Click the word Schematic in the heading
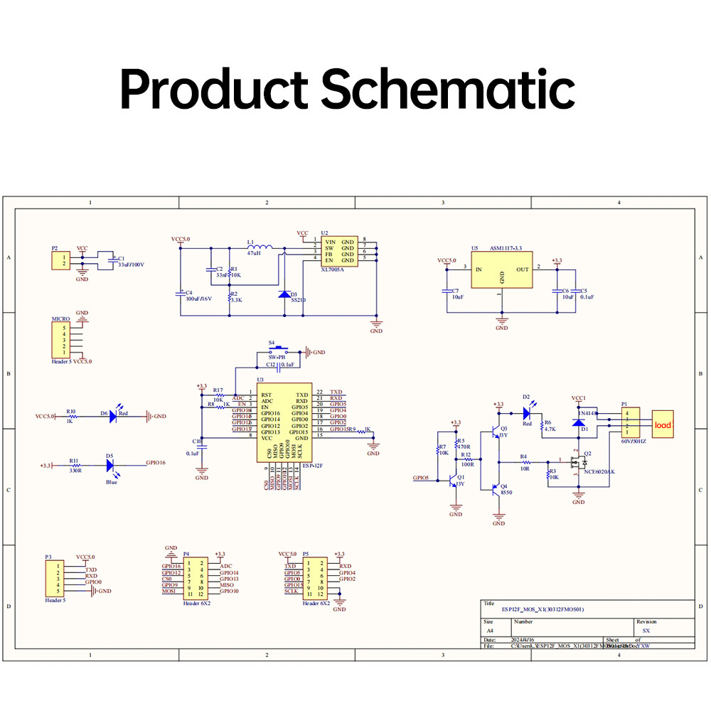[449, 90]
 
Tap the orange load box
[663, 425]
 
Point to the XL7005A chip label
[332, 269]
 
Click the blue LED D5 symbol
[110, 465]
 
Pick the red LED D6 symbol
[114, 417]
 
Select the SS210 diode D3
[284, 294]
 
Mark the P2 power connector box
[60, 260]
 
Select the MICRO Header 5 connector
[60, 340]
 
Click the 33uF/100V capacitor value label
[131, 265]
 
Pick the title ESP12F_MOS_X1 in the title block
[542, 609]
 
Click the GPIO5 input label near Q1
[421, 479]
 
